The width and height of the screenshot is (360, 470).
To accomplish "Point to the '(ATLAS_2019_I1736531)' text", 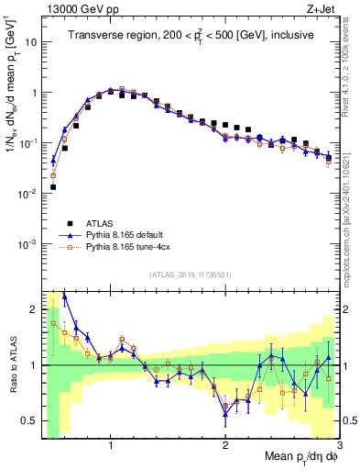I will (x=190, y=274).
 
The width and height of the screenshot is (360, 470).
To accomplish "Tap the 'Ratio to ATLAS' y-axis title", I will (x=12, y=364).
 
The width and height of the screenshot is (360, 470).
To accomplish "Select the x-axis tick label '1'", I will (x=111, y=444).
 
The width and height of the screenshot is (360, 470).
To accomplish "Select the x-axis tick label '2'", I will (x=225, y=444).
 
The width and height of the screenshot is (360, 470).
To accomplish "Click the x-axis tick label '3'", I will (x=339, y=444).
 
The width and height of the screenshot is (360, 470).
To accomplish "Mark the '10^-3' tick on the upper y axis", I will (x=26, y=244).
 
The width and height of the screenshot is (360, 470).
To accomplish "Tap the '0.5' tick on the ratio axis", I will (x=27, y=420).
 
